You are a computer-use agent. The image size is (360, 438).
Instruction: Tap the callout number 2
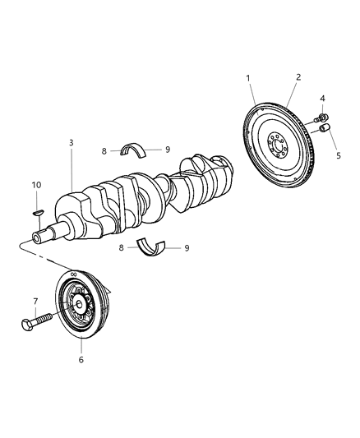(298, 76)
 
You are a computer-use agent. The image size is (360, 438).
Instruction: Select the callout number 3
(72, 142)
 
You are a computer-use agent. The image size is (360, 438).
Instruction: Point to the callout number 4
(322, 99)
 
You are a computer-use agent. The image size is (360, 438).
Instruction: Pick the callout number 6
(81, 359)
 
